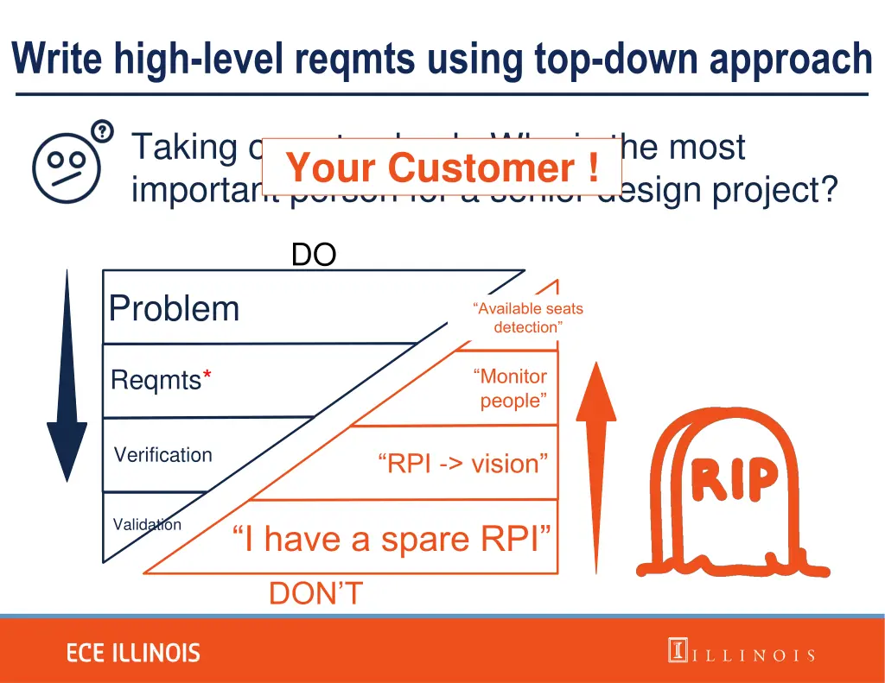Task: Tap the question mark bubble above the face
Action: point(102,131)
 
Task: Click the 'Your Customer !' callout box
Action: point(442,167)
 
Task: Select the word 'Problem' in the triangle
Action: point(174,308)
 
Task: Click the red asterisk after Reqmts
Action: point(207,378)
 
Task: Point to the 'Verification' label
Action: point(162,455)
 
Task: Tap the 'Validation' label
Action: point(147,525)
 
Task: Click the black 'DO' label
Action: point(313,255)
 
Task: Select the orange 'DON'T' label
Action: point(315,594)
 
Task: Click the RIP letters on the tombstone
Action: point(733,479)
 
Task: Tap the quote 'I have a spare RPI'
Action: point(392,539)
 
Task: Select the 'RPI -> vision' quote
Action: point(462,464)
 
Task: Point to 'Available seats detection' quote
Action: point(528,318)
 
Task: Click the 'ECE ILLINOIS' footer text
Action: point(133,653)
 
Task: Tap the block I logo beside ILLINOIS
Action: point(677,650)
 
